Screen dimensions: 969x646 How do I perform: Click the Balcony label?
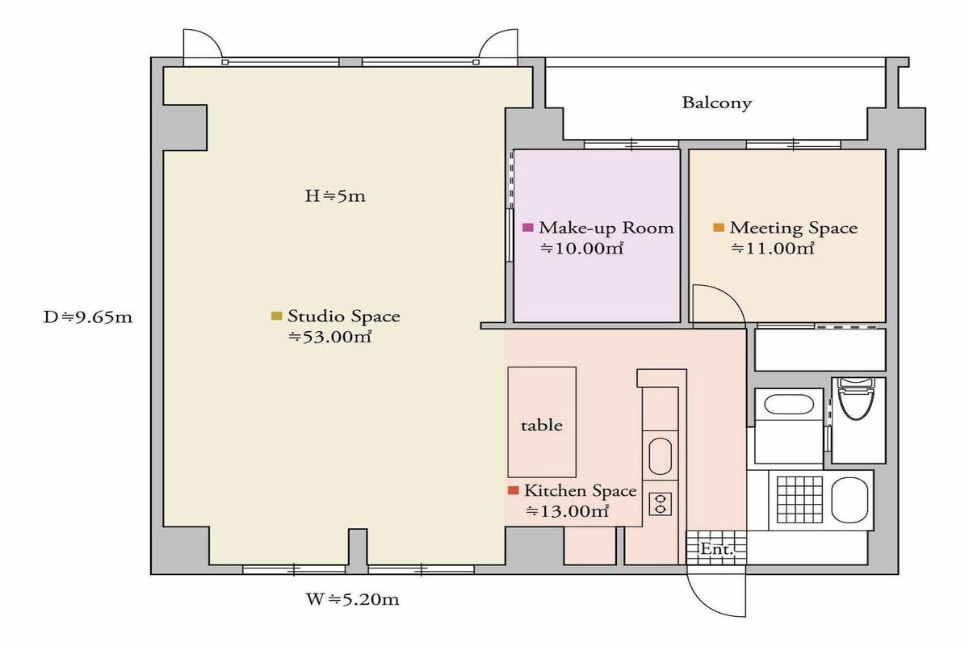(717, 103)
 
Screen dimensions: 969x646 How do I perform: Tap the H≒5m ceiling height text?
(335, 196)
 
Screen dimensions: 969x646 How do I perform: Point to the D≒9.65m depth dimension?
(88, 317)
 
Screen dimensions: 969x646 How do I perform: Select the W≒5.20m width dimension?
(353, 599)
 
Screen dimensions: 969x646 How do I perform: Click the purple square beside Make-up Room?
(528, 227)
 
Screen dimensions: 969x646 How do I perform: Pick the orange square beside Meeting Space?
(719, 227)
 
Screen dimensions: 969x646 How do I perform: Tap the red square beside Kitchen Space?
(513, 490)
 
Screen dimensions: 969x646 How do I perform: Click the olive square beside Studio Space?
(276, 316)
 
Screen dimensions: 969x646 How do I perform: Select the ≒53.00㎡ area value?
(330, 337)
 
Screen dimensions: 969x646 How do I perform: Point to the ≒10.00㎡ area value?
(582, 249)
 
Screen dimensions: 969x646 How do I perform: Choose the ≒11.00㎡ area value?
(773, 249)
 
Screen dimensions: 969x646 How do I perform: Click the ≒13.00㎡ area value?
(567, 511)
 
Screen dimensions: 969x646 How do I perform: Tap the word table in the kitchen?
(542, 426)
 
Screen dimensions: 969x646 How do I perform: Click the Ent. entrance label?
(717, 549)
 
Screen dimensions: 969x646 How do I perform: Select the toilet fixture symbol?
(856, 399)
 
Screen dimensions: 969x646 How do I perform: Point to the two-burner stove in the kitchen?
(661, 504)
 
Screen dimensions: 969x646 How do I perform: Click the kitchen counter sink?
(661, 456)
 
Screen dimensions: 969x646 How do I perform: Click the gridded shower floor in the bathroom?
(800, 500)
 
